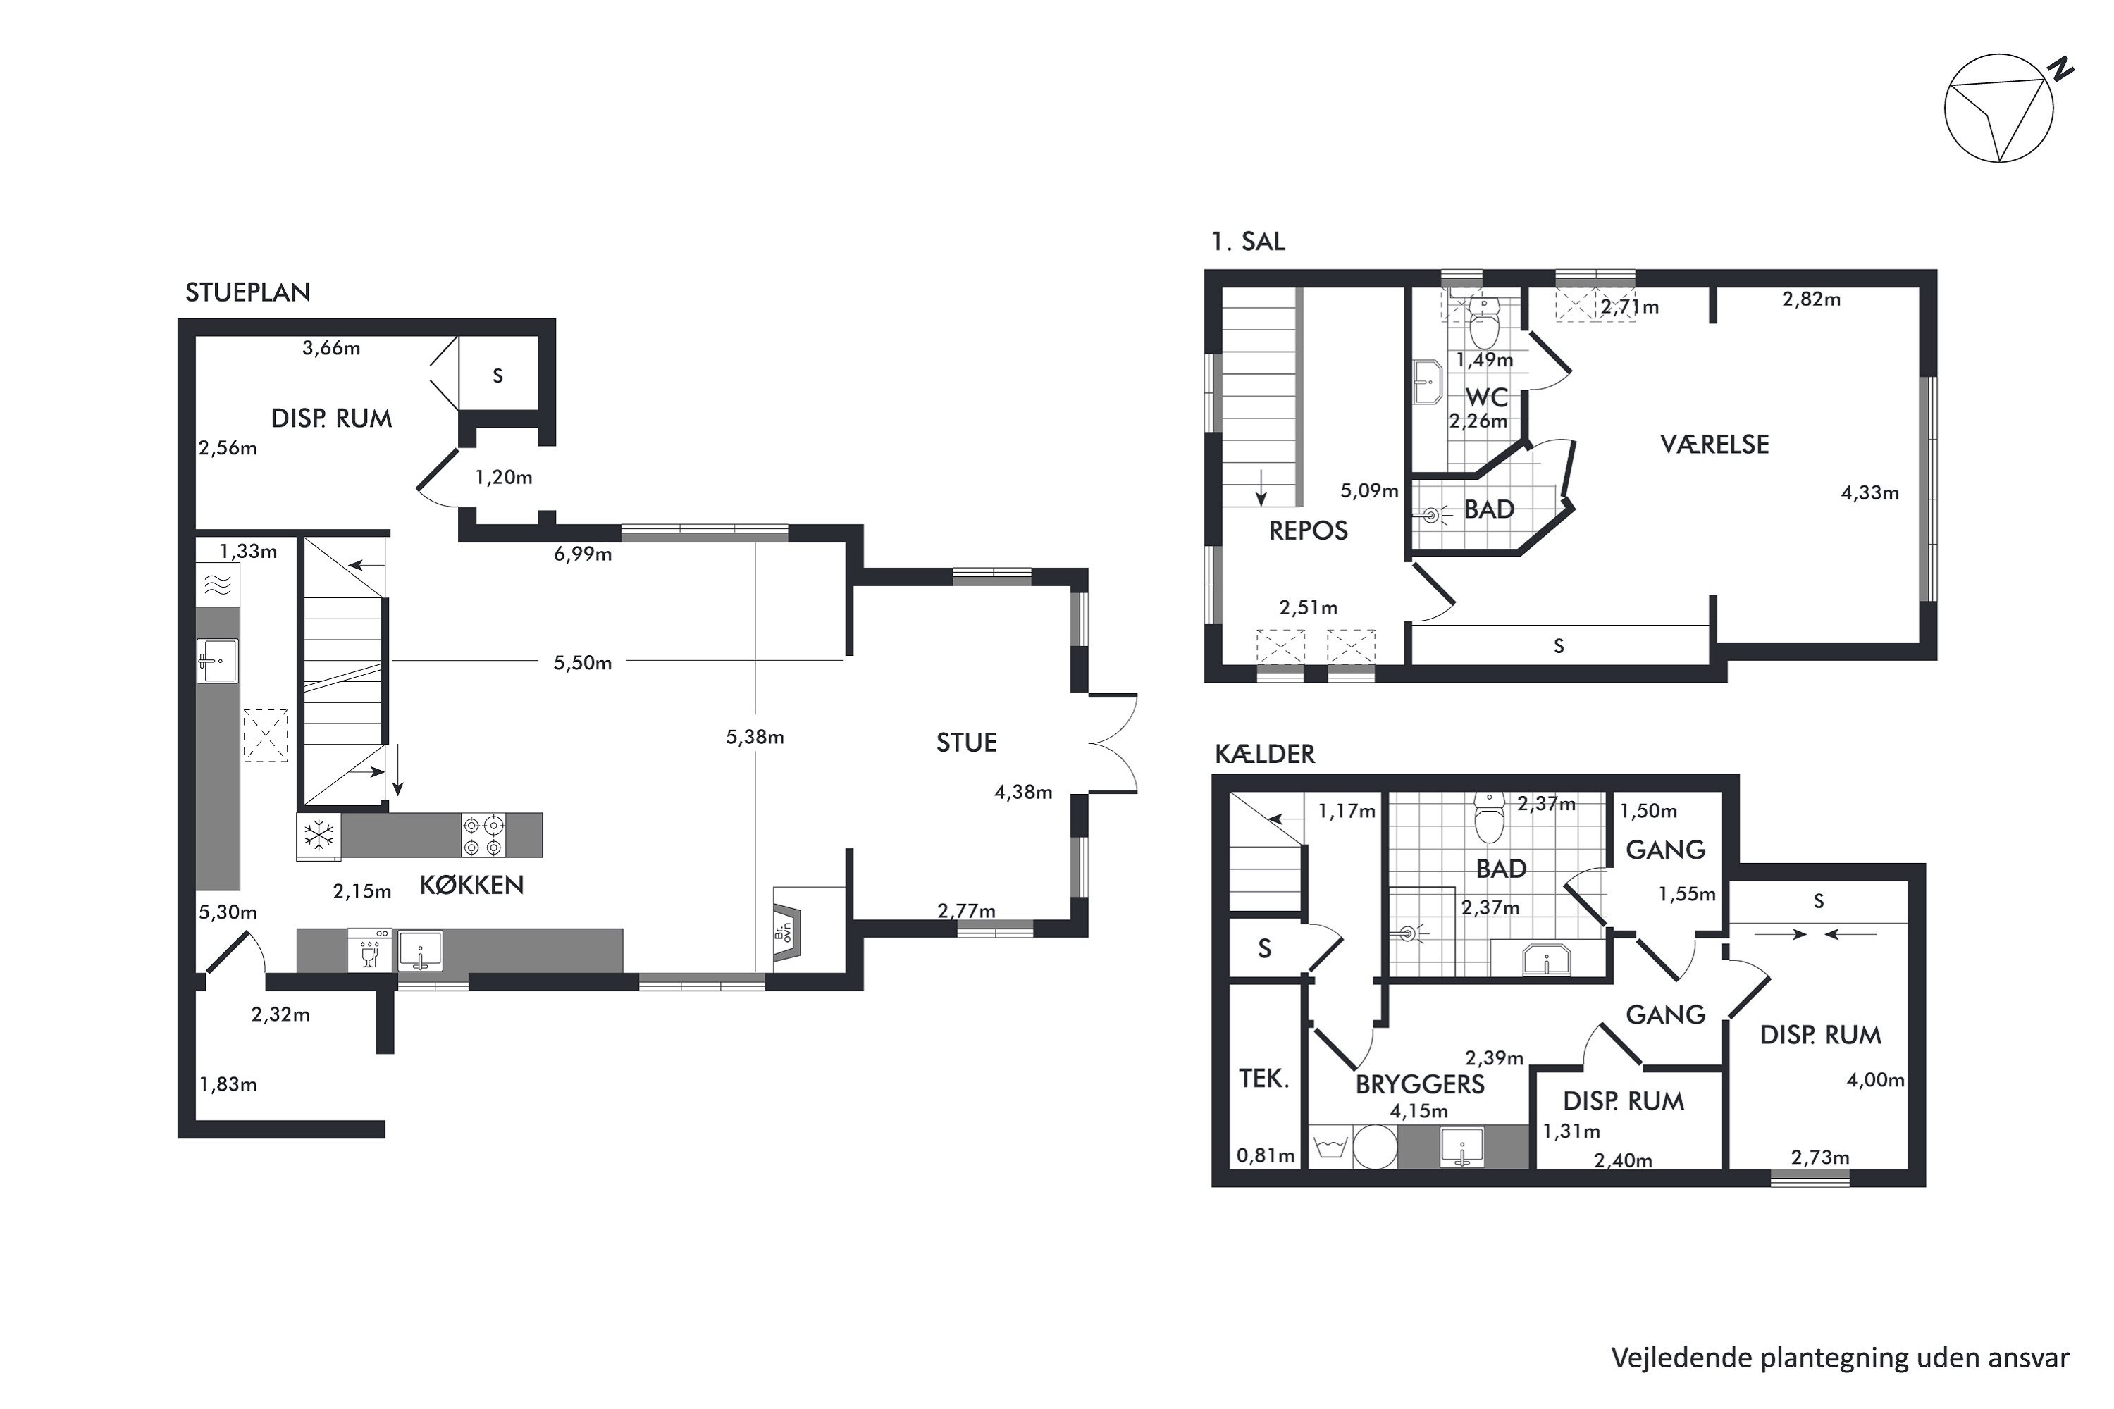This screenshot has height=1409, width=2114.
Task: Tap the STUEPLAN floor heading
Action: (x=247, y=292)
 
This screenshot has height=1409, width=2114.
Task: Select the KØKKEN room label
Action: (x=472, y=885)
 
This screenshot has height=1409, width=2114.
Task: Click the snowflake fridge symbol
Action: (x=319, y=835)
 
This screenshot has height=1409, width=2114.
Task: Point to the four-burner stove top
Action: (x=483, y=835)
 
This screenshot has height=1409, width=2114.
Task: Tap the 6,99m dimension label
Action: (x=583, y=554)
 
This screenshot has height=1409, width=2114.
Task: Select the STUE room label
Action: (x=966, y=743)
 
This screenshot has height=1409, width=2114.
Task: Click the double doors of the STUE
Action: (x=1113, y=743)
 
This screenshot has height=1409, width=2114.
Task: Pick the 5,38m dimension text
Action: (x=755, y=738)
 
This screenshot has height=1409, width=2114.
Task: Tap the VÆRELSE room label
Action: (x=1714, y=444)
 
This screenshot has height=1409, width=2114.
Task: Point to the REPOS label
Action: (x=1308, y=531)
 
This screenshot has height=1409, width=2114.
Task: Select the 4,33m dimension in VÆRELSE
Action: (x=1869, y=492)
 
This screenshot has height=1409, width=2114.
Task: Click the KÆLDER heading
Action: (x=1265, y=754)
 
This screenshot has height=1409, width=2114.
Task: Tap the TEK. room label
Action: (x=1263, y=1079)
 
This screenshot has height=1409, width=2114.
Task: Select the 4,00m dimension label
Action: (x=1875, y=1080)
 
